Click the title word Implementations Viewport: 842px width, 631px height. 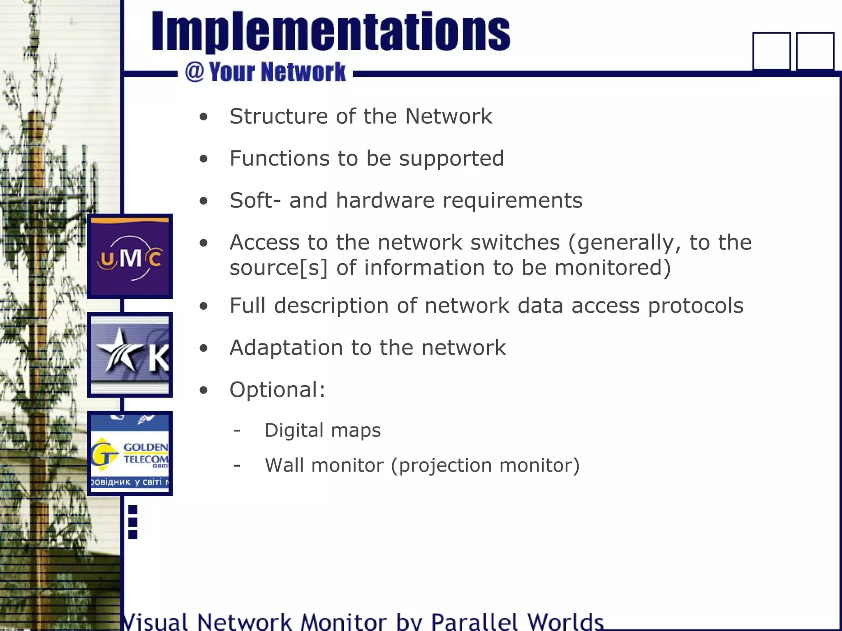[x=331, y=32]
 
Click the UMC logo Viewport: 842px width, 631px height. [x=130, y=256]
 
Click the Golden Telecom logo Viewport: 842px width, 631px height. [x=130, y=454]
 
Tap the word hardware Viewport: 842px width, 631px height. [x=385, y=200]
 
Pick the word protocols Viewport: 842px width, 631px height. [x=696, y=306]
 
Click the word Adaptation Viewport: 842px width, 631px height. [x=286, y=348]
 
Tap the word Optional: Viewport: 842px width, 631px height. [x=277, y=390]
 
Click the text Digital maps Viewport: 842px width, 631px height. [x=322, y=431]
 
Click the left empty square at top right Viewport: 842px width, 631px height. [x=771, y=51]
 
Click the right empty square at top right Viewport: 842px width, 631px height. [x=815, y=51]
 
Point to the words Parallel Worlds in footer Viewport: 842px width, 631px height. [x=516, y=621]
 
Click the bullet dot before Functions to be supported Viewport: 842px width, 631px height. [x=204, y=159]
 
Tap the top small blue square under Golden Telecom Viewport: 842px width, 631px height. [x=133, y=510]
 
